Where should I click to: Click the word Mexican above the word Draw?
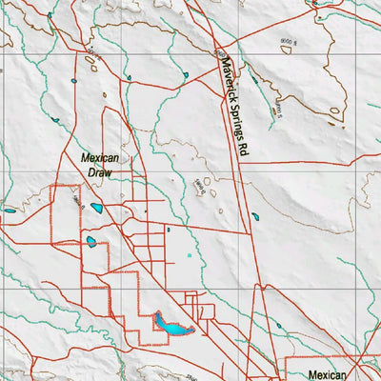[99, 158]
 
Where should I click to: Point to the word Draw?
[99, 173]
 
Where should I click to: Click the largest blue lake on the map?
[171, 326]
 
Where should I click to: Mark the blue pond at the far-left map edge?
[10, 211]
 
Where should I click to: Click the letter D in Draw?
[90, 173]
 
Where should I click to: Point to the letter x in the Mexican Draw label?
[96, 158]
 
